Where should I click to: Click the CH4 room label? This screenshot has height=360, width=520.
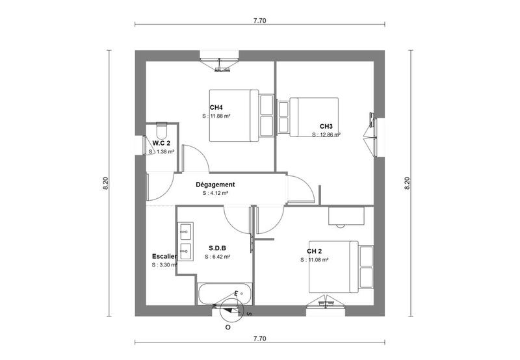(216, 108)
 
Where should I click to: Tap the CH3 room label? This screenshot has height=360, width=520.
(326, 127)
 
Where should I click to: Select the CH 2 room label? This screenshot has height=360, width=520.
(315, 251)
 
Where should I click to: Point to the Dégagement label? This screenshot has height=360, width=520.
(215, 185)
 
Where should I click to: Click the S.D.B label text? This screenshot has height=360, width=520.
(218, 248)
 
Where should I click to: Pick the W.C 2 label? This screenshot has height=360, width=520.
(161, 143)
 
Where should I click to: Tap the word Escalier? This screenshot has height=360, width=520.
(164, 256)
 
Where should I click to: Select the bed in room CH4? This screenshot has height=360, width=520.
(233, 115)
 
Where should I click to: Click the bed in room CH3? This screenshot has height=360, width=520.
(313, 117)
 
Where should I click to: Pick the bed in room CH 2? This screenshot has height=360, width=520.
(333, 266)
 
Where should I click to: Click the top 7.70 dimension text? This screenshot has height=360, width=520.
(259, 21)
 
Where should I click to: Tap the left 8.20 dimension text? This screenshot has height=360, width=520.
(106, 184)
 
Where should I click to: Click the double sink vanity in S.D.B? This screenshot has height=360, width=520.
(185, 241)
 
